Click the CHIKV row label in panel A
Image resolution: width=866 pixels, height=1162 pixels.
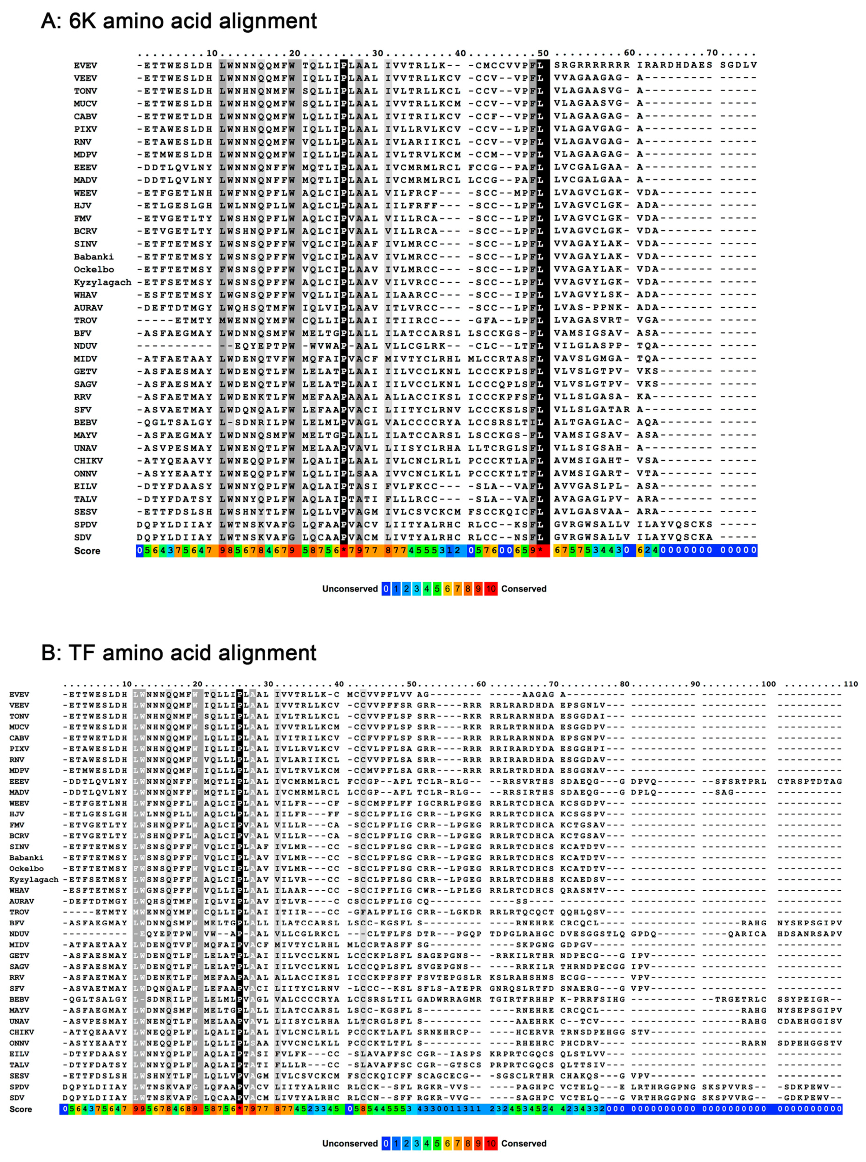coord(88,461)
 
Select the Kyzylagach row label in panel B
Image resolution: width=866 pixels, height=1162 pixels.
coord(34,879)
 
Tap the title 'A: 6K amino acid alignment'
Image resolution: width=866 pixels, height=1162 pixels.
coord(179,21)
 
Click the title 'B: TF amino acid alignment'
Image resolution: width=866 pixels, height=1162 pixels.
coord(179,653)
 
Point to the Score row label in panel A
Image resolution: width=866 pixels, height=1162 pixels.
coord(87,550)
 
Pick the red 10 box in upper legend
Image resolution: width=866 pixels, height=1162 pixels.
coord(491,589)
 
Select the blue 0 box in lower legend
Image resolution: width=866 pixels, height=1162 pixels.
coord(386,1143)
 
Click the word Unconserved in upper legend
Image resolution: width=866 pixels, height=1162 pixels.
coord(349,589)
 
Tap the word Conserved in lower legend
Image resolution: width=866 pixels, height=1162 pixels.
coord(524,1143)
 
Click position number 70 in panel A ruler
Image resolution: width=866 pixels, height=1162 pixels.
coord(712,53)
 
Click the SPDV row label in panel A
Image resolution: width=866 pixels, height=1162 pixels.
coord(86,525)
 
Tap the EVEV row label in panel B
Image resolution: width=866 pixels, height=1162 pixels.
coord(20,694)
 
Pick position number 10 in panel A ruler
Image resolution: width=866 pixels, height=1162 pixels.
coord(212,53)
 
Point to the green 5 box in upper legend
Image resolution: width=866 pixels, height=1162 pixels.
coord(437,589)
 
